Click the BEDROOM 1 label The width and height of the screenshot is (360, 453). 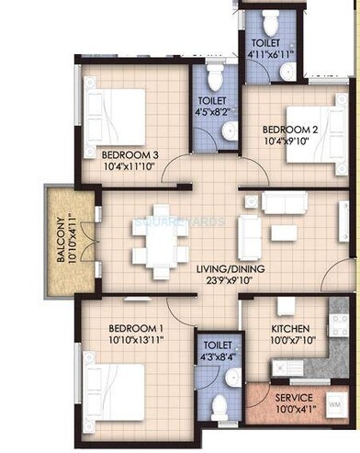click(x=136, y=328)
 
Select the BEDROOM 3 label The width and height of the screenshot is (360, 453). click(x=130, y=155)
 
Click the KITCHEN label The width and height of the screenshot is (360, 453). click(x=289, y=328)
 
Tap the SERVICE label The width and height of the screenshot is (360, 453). click(x=295, y=397)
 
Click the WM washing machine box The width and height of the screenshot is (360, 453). click(x=333, y=404)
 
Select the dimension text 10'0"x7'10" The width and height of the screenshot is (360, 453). click(x=289, y=341)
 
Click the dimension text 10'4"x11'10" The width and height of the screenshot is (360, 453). click(x=130, y=167)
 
